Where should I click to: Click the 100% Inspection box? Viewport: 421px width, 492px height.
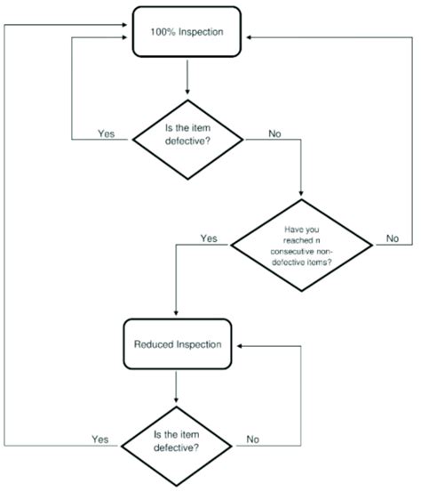(x=187, y=33)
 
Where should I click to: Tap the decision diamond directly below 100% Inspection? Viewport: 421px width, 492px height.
(x=187, y=138)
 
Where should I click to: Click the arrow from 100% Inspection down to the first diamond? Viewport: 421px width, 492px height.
(x=187, y=80)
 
